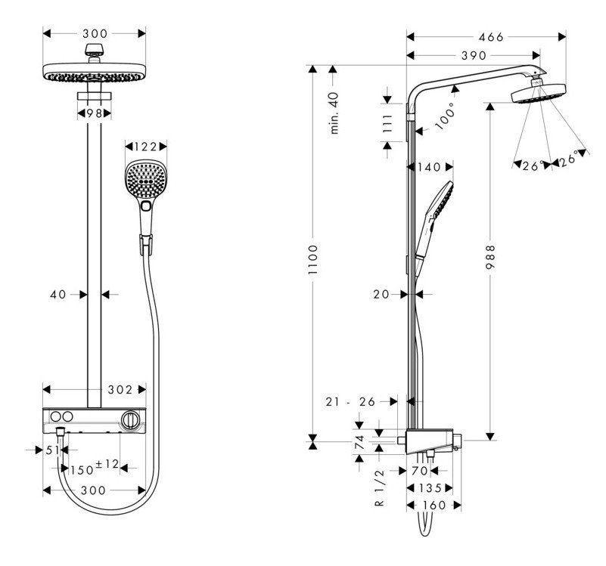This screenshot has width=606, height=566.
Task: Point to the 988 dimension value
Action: (490, 259)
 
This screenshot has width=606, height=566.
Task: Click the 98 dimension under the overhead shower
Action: (95, 113)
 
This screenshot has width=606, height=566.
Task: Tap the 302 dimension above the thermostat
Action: (120, 390)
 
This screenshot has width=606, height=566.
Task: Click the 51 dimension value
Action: (52, 450)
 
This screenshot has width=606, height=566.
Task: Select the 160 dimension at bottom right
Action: (432, 505)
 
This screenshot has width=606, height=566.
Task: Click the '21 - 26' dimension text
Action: (350, 402)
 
